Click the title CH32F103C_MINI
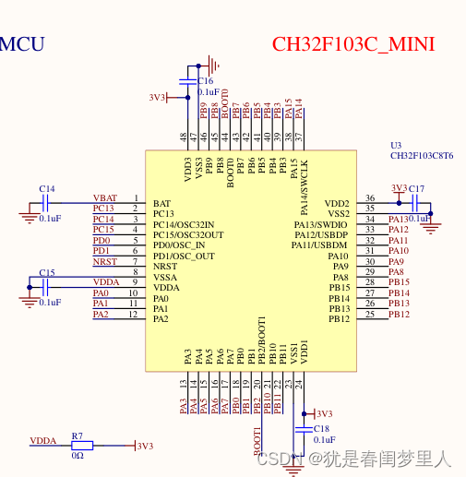click(352, 44)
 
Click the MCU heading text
click(21, 43)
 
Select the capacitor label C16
click(205, 81)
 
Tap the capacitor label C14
click(46, 188)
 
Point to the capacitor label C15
click(46, 272)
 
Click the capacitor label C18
click(321, 429)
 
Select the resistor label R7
click(78, 435)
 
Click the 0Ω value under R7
click(78, 455)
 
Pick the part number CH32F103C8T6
click(421, 157)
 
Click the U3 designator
click(396, 146)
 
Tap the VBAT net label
click(105, 198)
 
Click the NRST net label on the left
click(104, 262)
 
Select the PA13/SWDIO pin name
click(321, 225)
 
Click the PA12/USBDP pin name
click(320, 235)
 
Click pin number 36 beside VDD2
click(369, 198)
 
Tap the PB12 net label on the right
click(399, 315)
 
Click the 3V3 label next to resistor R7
click(145, 447)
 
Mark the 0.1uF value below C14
click(50, 219)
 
